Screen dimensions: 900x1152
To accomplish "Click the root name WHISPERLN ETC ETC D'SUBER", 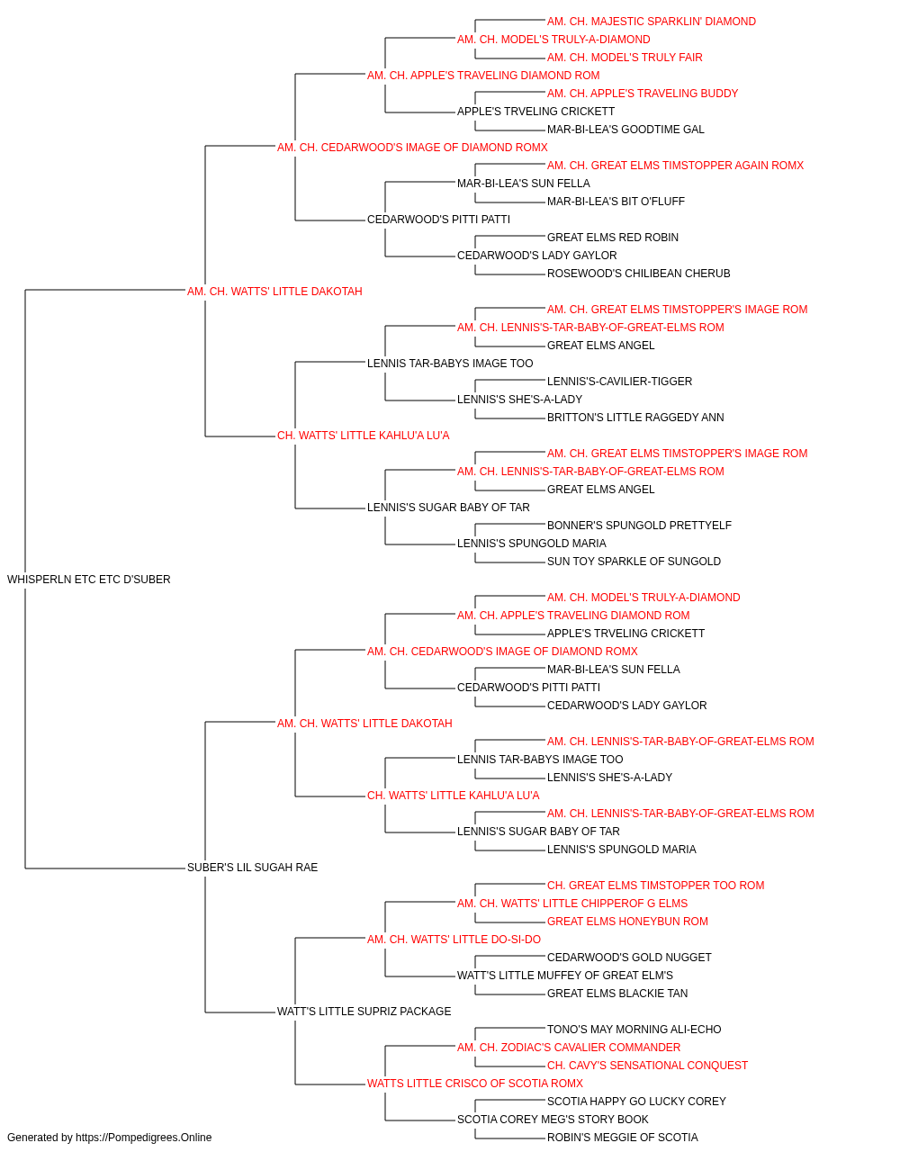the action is (88, 580).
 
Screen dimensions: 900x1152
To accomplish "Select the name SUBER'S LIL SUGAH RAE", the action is (252, 868).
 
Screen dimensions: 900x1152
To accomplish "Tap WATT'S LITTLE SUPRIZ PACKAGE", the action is (364, 1012).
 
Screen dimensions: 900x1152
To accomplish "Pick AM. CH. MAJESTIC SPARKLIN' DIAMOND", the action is (652, 22).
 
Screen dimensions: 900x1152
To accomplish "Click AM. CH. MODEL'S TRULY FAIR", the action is (625, 58).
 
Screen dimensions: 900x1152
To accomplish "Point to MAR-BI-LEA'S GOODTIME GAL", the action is (625, 130).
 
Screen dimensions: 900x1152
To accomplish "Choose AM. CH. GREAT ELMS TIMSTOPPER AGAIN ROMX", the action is (675, 166).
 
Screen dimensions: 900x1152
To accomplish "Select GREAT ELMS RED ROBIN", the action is (613, 238).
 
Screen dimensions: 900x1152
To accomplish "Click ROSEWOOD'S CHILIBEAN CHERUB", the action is (639, 274).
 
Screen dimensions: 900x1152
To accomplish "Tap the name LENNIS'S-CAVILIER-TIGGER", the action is (619, 382).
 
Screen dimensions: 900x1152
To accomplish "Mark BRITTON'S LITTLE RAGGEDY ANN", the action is (635, 418).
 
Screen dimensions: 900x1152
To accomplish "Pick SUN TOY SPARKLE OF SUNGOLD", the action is (634, 562).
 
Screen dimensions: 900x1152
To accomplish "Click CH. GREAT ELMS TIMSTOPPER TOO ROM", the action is (656, 886).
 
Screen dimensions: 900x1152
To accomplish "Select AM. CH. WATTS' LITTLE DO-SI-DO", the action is (454, 940).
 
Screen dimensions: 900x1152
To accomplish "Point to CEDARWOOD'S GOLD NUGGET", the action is (629, 958).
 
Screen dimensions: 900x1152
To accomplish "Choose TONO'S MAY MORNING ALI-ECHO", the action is (634, 1030).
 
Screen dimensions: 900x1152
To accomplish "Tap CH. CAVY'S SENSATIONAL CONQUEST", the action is (647, 1066).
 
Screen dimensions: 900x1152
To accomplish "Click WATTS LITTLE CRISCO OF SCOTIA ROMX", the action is (475, 1084).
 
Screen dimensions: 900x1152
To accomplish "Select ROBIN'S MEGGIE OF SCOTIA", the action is (622, 1138).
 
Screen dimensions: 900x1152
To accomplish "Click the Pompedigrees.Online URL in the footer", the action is (143, 1138).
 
